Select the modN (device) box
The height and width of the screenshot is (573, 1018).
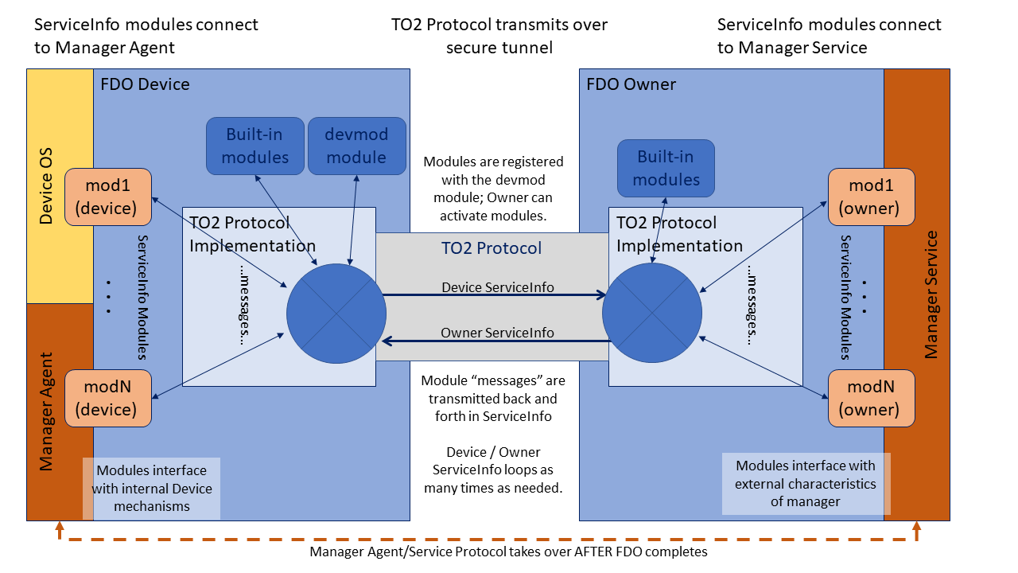coord(107,398)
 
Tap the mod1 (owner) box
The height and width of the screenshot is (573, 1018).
coord(872,197)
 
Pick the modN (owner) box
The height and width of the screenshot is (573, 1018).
coord(872,398)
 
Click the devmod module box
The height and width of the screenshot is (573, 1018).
coord(356,146)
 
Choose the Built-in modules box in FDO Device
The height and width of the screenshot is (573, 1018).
coord(255,146)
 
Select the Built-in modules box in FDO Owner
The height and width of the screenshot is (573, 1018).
coord(666,168)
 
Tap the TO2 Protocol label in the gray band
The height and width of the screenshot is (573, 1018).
coord(492,248)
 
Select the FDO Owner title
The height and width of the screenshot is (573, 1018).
coord(631,84)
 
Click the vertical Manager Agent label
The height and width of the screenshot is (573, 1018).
coord(46,411)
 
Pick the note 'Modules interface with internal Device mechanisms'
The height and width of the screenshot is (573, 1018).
coord(151,488)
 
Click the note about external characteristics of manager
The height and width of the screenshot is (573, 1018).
coord(806,483)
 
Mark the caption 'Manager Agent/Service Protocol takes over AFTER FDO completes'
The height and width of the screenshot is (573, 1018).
coord(508,552)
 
